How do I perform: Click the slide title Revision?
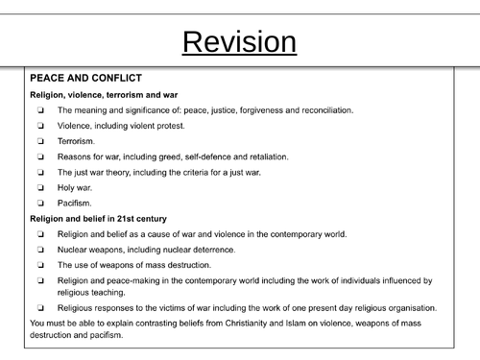coord(239,42)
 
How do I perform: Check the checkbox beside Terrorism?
coord(41,141)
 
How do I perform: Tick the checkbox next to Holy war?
coord(41,187)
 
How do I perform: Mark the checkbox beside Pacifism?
coord(41,204)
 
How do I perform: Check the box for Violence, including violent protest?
coord(41,126)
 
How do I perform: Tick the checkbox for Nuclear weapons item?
coord(41,250)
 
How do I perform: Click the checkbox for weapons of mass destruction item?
coord(41,265)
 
